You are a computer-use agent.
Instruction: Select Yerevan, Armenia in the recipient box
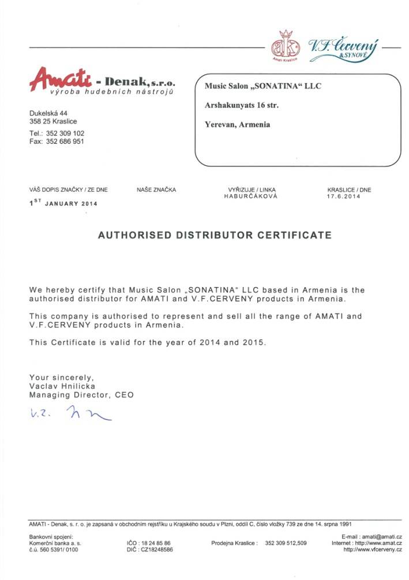(238, 124)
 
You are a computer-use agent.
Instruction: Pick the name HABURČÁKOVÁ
(251, 196)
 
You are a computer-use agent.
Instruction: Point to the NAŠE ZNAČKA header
(156, 189)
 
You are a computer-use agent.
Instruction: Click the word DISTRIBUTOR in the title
(215, 235)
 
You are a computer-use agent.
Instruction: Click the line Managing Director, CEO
(81, 395)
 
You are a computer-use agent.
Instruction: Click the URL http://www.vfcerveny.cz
(373, 550)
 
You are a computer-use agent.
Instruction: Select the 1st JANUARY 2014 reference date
(63, 203)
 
